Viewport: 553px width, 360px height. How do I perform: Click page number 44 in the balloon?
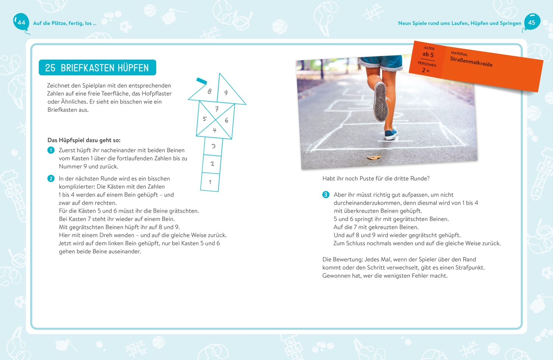21,22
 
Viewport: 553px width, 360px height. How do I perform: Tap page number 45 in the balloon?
532,22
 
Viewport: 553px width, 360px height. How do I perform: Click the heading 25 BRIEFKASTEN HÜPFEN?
97,68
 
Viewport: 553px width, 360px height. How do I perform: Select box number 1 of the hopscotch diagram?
210,182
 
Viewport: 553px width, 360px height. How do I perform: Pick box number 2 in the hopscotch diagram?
212,164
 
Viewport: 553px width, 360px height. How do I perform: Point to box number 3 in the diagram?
213,146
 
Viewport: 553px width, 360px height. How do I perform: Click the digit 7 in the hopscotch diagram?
217,109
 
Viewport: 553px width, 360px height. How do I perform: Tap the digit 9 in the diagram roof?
226,93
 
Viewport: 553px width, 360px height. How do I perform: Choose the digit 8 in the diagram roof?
209,91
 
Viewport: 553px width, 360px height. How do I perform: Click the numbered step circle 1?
51,150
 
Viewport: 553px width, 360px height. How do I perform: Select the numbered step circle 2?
51,179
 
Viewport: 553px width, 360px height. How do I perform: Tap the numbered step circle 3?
326,195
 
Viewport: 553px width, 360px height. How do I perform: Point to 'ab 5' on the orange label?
428,55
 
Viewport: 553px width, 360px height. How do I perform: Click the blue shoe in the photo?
391,134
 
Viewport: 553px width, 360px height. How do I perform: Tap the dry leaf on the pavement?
374,157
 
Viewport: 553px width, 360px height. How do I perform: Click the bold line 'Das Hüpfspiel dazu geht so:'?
84,140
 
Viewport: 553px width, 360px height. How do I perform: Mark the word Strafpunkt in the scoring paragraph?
469,268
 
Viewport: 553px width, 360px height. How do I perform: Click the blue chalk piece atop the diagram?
202,81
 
